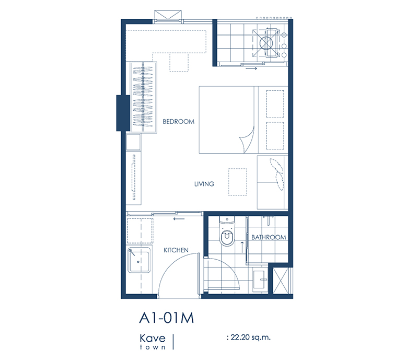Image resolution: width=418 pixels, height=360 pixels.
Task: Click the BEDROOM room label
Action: [178, 122]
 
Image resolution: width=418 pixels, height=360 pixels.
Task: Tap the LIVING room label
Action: [204, 184]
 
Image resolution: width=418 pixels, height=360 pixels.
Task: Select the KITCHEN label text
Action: [176, 250]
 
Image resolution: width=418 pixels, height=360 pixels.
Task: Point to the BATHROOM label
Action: [269, 237]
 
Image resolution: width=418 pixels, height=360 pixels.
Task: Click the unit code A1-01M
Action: [167, 318]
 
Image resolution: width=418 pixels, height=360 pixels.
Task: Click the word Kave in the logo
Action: [153, 339]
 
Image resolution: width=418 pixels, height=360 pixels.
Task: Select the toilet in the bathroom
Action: [227, 231]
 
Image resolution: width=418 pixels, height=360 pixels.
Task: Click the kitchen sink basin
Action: [138, 260]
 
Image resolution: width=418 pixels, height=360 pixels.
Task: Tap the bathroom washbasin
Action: [259, 280]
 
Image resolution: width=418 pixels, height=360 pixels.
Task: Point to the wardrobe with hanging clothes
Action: [143, 97]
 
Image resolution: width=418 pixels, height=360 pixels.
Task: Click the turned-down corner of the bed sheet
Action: [247, 140]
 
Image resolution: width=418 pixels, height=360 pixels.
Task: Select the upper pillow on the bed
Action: [275, 104]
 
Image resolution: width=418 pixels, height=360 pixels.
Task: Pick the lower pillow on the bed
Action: [275, 136]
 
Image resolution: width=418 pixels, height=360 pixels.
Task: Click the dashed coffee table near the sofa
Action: [237, 182]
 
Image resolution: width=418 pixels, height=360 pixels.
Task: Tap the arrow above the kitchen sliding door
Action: [179, 219]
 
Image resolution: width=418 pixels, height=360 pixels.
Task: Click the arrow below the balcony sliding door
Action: [251, 68]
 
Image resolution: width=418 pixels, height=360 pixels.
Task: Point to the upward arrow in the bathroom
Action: [242, 247]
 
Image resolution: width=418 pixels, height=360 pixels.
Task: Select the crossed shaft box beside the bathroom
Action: [281, 281]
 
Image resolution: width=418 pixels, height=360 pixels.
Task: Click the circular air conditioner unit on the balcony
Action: [266, 43]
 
